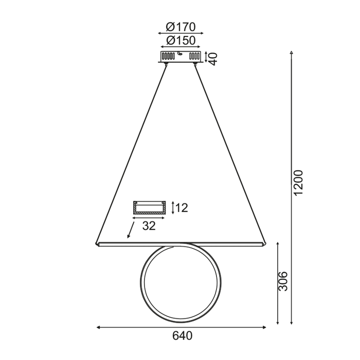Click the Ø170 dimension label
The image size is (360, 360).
click(x=181, y=27)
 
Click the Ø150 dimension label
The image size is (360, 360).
click(x=181, y=40)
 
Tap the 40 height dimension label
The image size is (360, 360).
click(x=213, y=57)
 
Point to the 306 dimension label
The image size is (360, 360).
click(x=283, y=281)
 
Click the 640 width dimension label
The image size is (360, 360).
click(x=182, y=336)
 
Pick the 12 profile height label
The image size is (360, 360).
click(x=182, y=208)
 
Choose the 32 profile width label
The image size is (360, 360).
click(x=149, y=225)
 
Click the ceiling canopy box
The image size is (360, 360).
click(x=181, y=56)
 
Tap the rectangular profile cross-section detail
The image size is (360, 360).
click(x=149, y=208)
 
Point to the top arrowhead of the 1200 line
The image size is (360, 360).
click(x=292, y=52)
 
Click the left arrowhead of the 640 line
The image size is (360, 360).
click(x=98, y=327)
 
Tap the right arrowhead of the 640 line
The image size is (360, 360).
click(x=265, y=327)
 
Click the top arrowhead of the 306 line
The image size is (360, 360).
click(x=278, y=243)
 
